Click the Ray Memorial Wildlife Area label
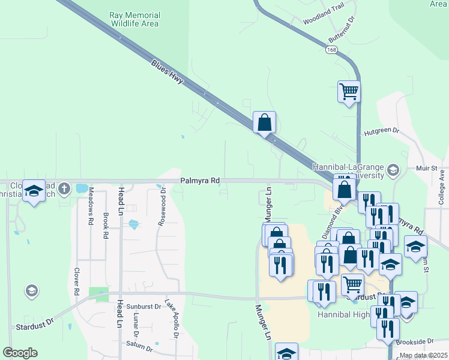(x=134, y=19)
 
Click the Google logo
(x=20, y=353)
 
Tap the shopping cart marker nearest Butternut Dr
(x=349, y=92)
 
